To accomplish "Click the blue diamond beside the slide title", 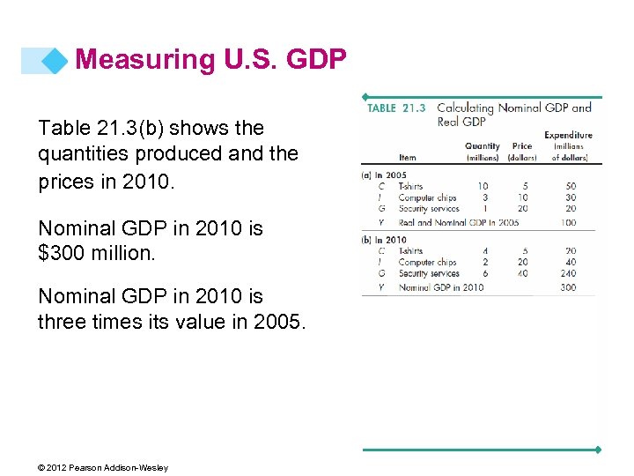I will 55,60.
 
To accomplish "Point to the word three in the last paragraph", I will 62,322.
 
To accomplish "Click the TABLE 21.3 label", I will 396,108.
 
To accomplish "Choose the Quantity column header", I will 482,146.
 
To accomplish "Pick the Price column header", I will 522,146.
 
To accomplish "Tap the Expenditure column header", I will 568,135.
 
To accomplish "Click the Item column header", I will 408,157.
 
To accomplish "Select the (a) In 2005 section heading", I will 384,175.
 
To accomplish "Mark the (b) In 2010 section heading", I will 384,240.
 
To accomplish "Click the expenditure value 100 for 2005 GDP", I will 569,222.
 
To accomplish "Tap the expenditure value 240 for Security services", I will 569,273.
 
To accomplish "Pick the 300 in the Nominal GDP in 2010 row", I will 569,287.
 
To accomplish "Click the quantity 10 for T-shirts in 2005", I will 483,187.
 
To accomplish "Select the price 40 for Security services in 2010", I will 522,273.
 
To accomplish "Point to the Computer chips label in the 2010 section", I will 427,263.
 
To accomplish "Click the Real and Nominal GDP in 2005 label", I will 458,222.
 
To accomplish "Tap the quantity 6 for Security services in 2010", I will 484,273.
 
